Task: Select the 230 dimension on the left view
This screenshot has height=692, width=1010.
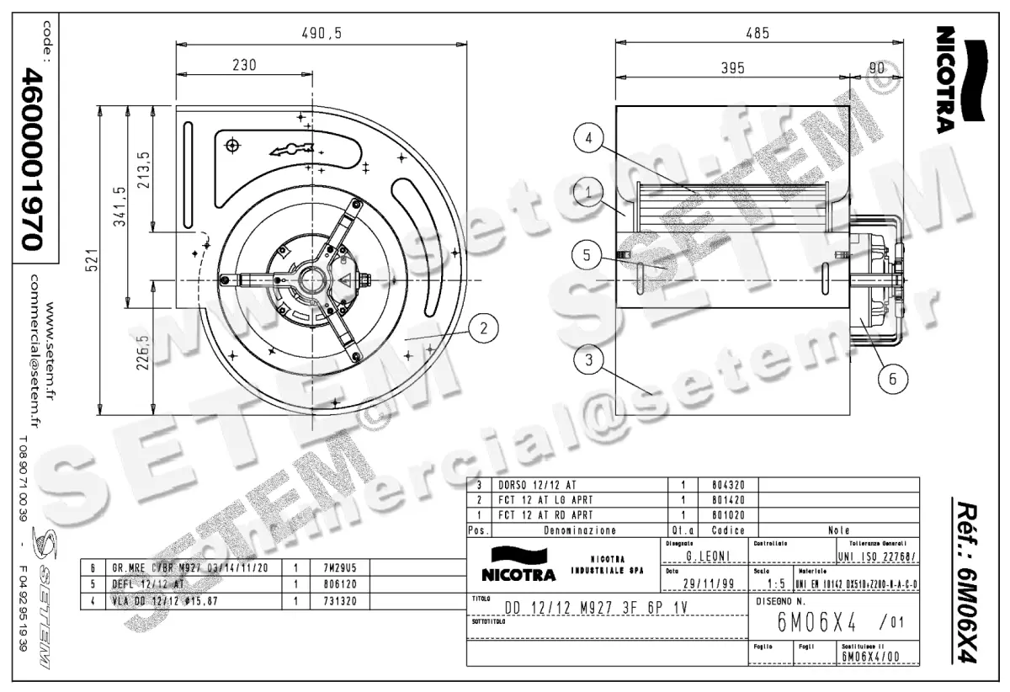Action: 243,65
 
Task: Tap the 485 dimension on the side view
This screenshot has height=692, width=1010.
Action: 757,33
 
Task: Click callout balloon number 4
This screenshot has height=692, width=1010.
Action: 590,137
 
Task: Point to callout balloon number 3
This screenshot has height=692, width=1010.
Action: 590,360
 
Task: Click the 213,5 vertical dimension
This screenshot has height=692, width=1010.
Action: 143,168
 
